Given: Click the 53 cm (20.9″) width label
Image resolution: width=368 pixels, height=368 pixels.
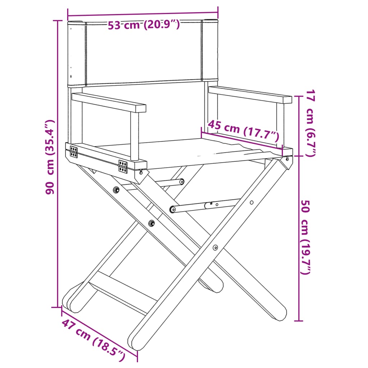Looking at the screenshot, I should pyautogui.click(x=144, y=25).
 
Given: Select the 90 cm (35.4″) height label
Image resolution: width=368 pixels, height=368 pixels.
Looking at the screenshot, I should pyautogui.click(x=50, y=157).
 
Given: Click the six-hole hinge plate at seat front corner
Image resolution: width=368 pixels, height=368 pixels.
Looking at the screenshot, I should pyautogui.click(x=123, y=166).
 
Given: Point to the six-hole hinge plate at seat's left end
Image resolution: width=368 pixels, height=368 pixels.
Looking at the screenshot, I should pyautogui.click(x=74, y=152).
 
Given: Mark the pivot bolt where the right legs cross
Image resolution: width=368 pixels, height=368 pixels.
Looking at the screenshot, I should pyautogui.click(x=215, y=247).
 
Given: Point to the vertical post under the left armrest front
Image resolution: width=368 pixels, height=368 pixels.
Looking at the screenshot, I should pyautogui.click(x=134, y=137).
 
